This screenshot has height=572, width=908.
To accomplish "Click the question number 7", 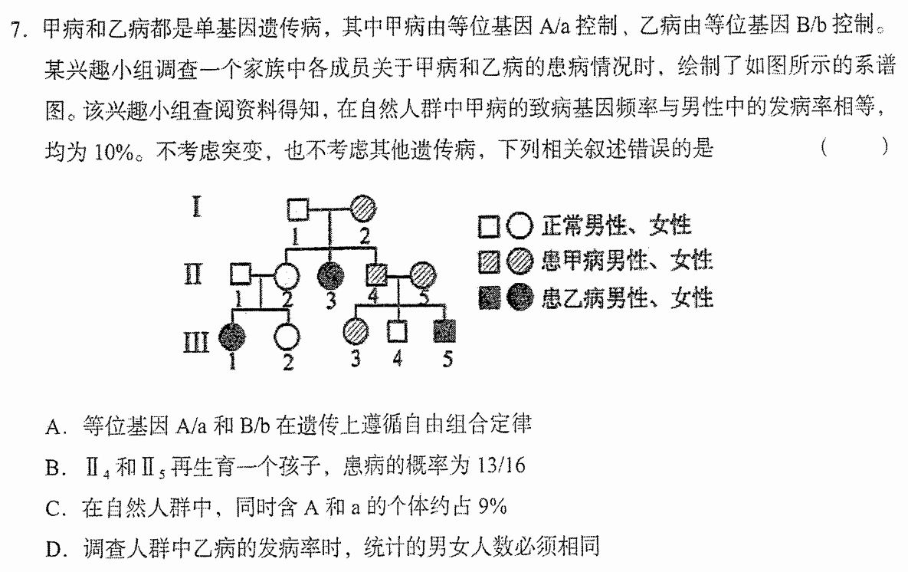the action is pos(15,28).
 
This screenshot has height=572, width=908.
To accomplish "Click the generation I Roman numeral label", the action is pos(197,207).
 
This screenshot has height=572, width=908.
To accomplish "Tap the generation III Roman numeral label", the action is pos(195,343).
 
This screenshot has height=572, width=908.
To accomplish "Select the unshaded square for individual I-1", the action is pos(297,209).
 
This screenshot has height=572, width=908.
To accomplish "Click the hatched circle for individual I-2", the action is pos(363,208).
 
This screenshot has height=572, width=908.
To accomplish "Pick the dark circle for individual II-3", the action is pos(331,275).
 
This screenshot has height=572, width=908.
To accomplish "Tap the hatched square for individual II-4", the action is pos(377,274).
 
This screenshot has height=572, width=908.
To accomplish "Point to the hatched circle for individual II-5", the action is pos(423,274).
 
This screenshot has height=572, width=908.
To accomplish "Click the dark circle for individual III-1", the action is pos(231,337).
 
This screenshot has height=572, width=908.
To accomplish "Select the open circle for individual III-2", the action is pos(287,337).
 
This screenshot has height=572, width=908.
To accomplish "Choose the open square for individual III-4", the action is pos(397,332).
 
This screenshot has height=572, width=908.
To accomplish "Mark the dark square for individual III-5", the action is pos(444,331).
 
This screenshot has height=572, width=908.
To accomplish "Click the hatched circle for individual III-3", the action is pos(356,331).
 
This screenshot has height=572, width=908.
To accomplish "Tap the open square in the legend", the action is pos(490,227).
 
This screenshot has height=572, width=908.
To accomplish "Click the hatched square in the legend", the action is pos(490,262).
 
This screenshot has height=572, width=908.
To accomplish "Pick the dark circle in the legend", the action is pos(520,298).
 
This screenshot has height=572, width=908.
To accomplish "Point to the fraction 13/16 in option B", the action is pos(502,465).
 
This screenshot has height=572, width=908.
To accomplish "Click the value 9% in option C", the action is pos(493,507).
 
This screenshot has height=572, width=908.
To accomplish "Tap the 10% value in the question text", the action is pos(115,152).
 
